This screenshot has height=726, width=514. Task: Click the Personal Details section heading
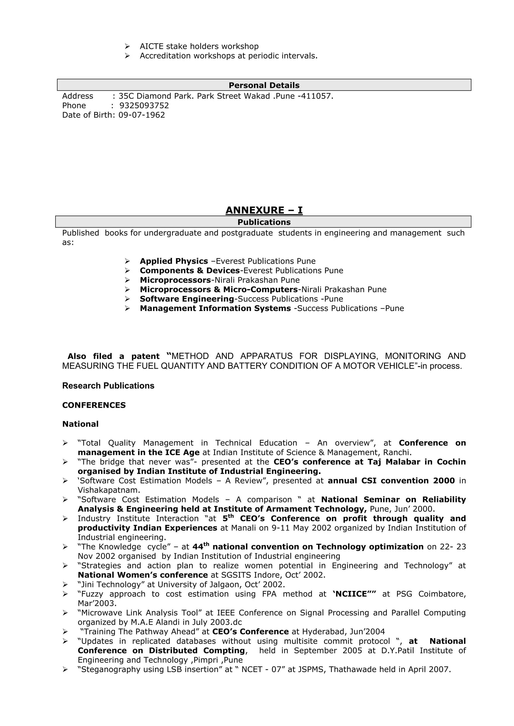pos(264,85)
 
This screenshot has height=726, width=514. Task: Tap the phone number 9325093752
pos(144,106)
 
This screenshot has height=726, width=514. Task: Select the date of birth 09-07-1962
pos(142,115)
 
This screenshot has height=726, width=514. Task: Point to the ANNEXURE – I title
pos(264,210)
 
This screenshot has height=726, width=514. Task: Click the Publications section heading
pos(264,222)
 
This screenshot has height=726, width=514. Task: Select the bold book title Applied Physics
pos(174,261)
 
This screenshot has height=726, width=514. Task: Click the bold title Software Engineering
pos(187,299)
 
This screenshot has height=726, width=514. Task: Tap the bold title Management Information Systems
pos(215,309)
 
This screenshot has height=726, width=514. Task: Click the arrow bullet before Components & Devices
pos(127,271)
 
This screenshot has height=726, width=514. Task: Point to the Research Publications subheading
pos(108,386)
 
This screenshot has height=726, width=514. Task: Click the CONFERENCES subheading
pos(94,405)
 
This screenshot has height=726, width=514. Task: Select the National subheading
pos(80,424)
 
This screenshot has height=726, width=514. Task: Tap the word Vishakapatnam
pos(109,491)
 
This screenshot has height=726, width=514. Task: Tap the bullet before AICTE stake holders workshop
pos(127,46)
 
